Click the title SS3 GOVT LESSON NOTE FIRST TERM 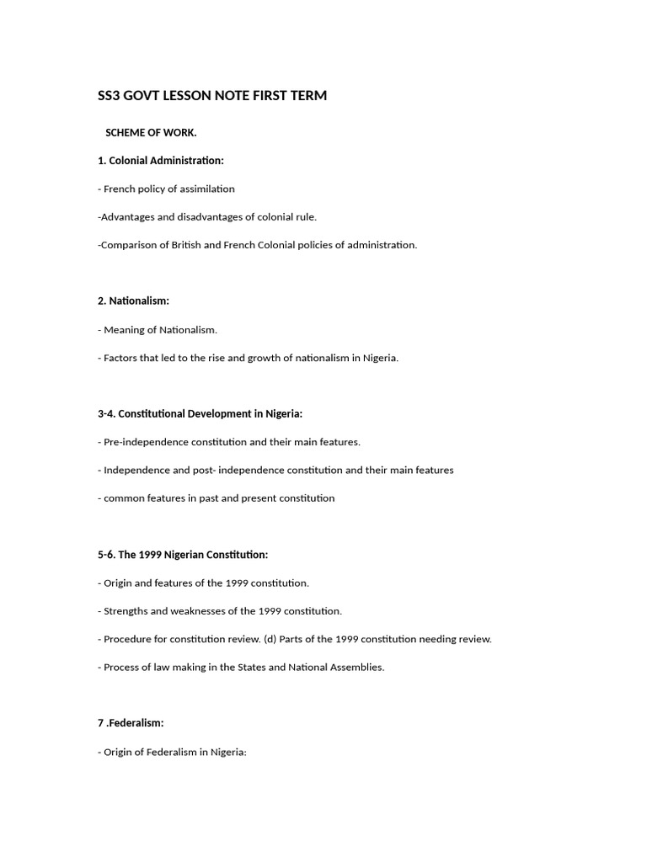click(212, 96)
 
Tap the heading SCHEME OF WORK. click(151, 132)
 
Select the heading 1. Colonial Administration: click(161, 160)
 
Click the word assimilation click(206, 189)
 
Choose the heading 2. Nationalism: click(134, 301)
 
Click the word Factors click(121, 358)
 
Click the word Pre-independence click(145, 442)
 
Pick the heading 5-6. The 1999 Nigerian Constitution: click(183, 555)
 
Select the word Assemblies click(357, 668)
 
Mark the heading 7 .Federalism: click(131, 723)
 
